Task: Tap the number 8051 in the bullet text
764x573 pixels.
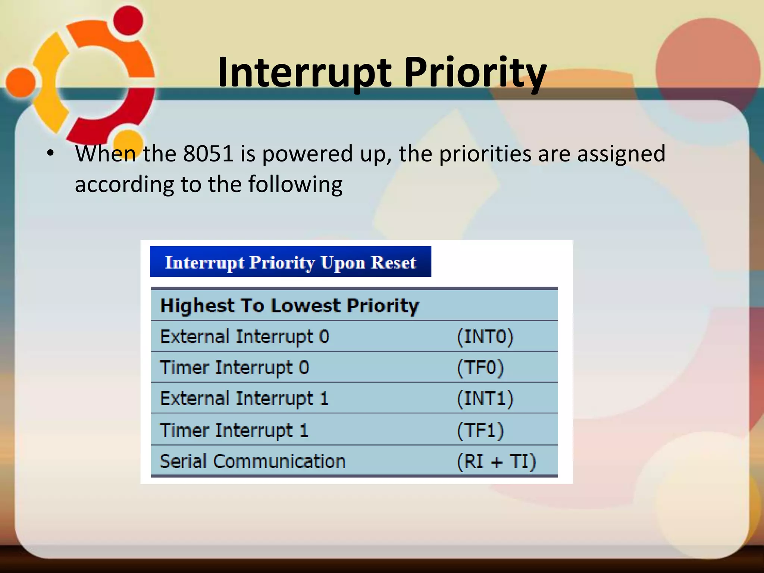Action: [x=208, y=153]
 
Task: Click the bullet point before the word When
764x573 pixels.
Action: [x=50, y=153]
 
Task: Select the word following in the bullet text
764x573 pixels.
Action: [x=295, y=184]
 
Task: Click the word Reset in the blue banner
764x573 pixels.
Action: [x=393, y=262]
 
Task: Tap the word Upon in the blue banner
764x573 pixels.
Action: [x=343, y=263]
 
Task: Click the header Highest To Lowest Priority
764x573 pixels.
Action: [x=289, y=306]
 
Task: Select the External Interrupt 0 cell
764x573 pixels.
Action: [x=244, y=336]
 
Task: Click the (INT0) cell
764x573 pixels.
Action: [x=485, y=336]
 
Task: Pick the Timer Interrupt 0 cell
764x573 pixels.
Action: [x=234, y=367]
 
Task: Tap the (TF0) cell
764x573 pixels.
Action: [x=480, y=367]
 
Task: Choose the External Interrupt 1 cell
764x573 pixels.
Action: [x=244, y=398]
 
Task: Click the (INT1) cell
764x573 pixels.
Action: [x=485, y=398]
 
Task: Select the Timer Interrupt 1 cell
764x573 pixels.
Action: [x=234, y=430]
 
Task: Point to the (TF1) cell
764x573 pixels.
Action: [x=480, y=430]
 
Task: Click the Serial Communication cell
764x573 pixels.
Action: [x=253, y=461]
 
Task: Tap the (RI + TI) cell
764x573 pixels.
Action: [x=496, y=461]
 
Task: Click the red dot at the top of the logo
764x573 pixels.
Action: [x=128, y=21]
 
